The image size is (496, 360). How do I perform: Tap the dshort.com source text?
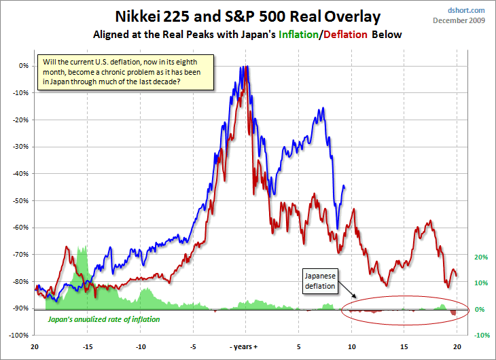[468, 10]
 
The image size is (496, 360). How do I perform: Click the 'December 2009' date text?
[460, 20]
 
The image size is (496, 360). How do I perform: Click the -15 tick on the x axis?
[88, 346]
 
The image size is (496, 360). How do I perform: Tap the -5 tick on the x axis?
[194, 346]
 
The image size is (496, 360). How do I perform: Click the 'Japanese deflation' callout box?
[319, 280]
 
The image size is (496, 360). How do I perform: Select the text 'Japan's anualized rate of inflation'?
[103, 319]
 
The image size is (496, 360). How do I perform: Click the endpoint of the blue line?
[344, 187]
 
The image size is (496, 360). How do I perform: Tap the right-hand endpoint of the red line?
[457, 276]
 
